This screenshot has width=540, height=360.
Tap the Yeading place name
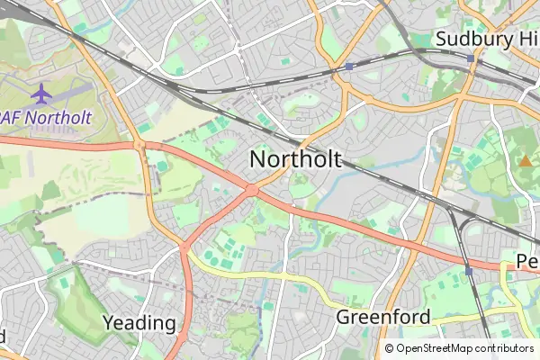(x=139, y=322)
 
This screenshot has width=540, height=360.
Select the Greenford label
(x=382, y=317)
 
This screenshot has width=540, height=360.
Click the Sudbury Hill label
(x=486, y=39)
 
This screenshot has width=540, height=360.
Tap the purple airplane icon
(x=40, y=92)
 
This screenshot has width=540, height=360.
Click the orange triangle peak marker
(x=524, y=161)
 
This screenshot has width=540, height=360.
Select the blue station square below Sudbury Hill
(x=471, y=58)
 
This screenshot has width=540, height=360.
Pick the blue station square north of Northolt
(x=348, y=67)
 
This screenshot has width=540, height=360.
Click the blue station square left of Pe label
(x=469, y=270)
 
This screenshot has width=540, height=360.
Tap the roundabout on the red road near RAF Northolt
(x=139, y=144)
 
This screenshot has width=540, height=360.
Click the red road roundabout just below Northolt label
(x=251, y=189)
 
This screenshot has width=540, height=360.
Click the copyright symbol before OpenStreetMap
(x=390, y=348)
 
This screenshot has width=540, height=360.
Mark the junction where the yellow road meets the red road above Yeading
(x=184, y=244)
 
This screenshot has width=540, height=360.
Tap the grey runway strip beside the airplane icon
(x=67, y=91)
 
